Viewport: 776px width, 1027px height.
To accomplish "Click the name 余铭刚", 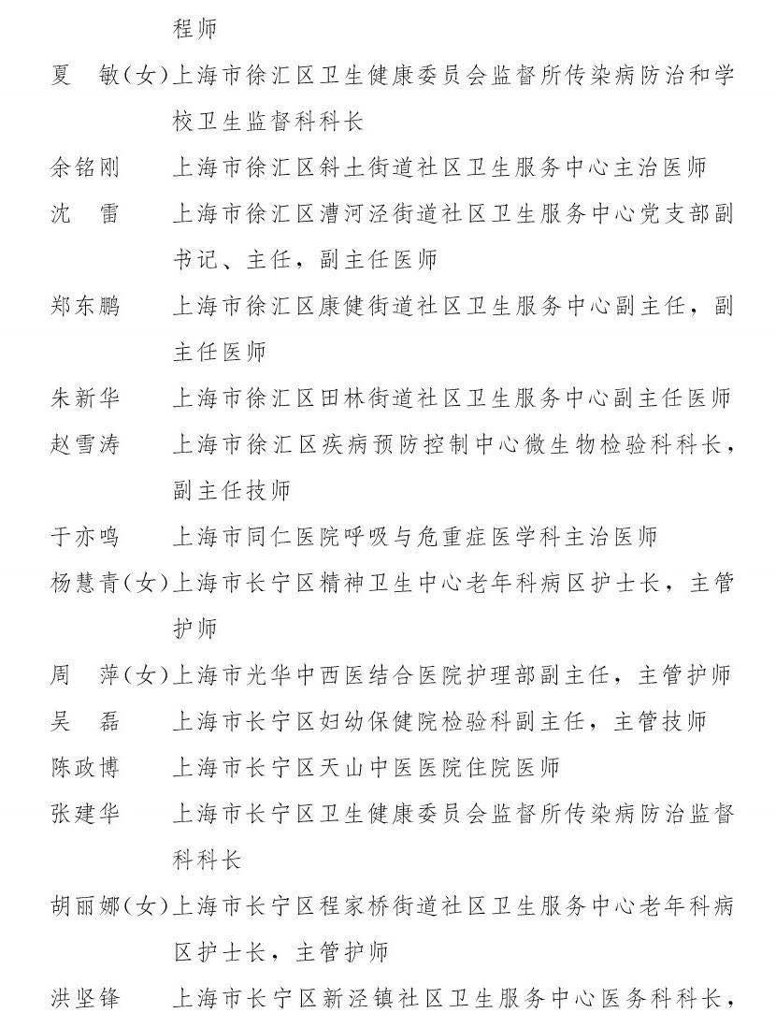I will [x=85, y=167].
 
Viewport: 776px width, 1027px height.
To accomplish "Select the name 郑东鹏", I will [x=85, y=306].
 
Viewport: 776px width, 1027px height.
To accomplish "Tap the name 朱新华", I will [x=85, y=398].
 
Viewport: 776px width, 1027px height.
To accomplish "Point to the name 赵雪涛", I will [x=85, y=444].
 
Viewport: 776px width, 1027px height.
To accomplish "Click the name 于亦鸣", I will [x=85, y=537].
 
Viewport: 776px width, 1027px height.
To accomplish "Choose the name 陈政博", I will [x=85, y=768].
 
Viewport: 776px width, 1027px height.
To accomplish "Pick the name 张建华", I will [x=85, y=814].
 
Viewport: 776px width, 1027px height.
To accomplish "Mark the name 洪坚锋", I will [x=85, y=999].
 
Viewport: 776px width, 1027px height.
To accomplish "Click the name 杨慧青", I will [x=85, y=583].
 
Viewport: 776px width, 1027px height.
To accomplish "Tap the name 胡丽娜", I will [x=85, y=906].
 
